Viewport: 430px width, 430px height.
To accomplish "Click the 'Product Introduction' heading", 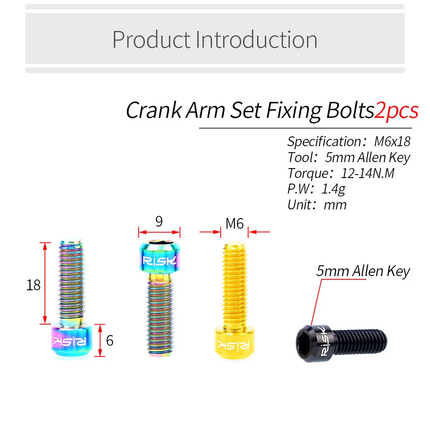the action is pos(215,40).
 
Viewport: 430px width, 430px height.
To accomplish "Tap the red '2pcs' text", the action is pos(396,111).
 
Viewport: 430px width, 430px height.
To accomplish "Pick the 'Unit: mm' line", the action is pos(317,204).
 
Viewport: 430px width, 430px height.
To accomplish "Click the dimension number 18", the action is pos(33,284).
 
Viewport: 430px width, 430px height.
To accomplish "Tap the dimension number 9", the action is pos(159,222).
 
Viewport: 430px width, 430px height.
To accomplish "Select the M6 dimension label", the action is pos(234,223).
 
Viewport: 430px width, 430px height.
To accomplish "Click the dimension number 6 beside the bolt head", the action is pos(110,341).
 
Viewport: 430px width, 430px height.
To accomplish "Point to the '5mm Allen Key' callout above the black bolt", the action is pos(363,271).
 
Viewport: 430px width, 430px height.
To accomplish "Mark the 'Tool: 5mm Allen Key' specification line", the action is pos(349,157).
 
